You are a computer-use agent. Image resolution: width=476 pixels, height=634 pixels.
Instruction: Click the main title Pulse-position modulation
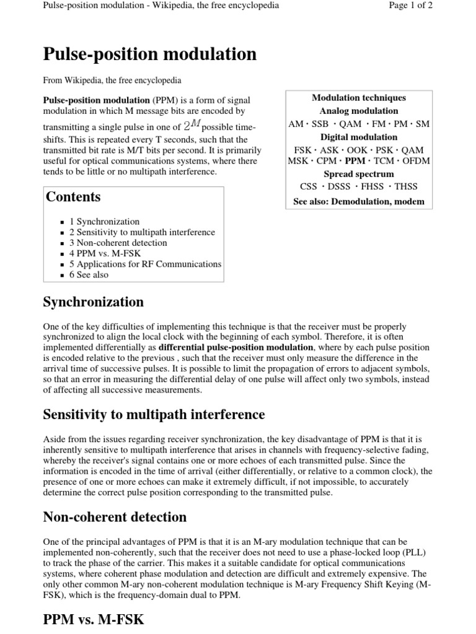pyautogui.click(x=149, y=54)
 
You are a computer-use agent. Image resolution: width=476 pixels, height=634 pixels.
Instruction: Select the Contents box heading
pyautogui.click(x=73, y=197)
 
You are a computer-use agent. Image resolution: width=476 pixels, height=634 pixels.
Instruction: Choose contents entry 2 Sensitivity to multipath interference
pyautogui.click(x=142, y=232)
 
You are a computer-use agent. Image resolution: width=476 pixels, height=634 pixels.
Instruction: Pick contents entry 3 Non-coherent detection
pyautogui.click(x=118, y=243)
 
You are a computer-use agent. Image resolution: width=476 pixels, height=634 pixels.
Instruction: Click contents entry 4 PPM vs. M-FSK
pyautogui.click(x=102, y=253)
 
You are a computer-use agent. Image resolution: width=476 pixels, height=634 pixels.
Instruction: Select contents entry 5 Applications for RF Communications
pyautogui.click(x=145, y=264)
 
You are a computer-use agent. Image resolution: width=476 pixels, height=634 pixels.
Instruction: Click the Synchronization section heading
pyautogui.click(x=93, y=302)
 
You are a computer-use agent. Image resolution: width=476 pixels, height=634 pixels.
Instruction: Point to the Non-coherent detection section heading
pyautogui.click(x=114, y=516)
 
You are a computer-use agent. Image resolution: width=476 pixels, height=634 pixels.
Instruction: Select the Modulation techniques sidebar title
pyautogui.click(x=359, y=98)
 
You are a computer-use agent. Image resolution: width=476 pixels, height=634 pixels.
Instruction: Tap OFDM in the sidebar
pyautogui.click(x=416, y=161)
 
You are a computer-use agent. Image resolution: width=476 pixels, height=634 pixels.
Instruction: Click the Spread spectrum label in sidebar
pyautogui.click(x=359, y=174)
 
